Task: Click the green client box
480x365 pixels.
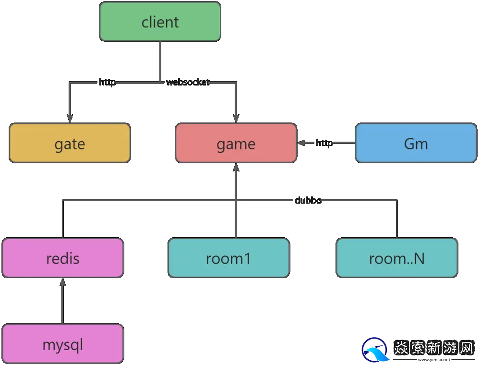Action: pos(160,22)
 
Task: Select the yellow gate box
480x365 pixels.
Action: pos(70,143)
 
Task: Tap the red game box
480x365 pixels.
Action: pos(236,143)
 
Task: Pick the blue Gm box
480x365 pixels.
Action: pos(416,143)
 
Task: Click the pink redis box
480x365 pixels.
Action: pos(63,258)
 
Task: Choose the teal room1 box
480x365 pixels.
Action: pos(228,258)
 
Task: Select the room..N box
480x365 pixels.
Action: pos(396,258)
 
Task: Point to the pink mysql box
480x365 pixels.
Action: pos(63,344)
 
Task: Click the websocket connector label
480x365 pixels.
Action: pos(188,82)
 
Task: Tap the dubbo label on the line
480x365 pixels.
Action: pos(308,200)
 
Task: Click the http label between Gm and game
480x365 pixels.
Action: pos(324,143)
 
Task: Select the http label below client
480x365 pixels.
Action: pos(107,82)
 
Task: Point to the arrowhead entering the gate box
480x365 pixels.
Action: pos(70,118)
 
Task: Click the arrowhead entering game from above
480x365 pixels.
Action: pos(236,118)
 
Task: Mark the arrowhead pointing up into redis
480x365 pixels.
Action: pos(62,282)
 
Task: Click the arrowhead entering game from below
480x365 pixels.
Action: pos(236,168)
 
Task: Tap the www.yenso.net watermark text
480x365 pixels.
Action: pos(434,359)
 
